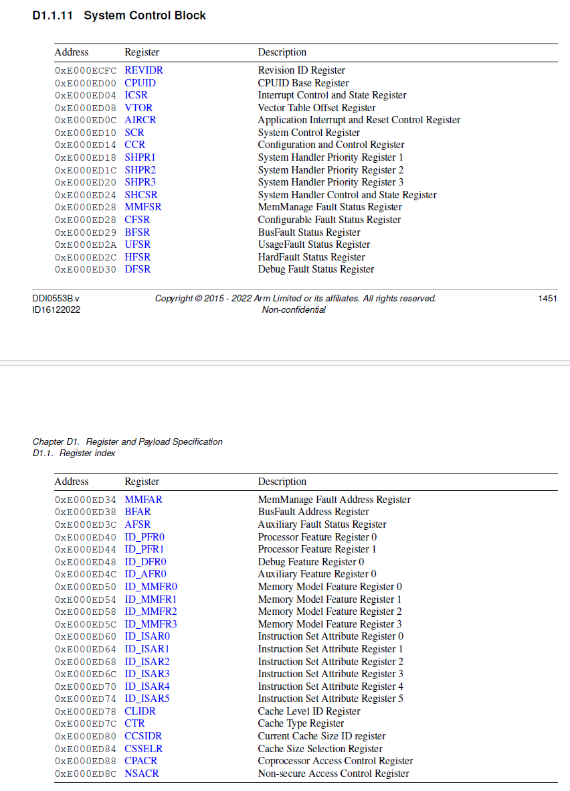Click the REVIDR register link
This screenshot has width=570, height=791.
(143, 70)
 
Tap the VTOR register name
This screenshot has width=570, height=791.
(138, 108)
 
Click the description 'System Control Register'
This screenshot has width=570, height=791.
(308, 133)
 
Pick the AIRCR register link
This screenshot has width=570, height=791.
(140, 120)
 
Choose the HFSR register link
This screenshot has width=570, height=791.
(138, 257)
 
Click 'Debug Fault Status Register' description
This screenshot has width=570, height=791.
(316, 269)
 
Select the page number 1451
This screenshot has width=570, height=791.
(547, 299)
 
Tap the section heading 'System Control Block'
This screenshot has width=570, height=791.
(145, 15)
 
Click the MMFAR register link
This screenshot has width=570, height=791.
(143, 500)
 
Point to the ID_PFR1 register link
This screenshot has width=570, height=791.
(145, 549)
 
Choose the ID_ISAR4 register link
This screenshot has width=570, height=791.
(147, 687)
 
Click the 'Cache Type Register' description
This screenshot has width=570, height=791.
(301, 723)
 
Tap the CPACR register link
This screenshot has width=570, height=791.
(141, 761)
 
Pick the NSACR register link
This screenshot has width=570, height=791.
(142, 774)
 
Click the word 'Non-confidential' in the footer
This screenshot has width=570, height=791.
(294, 310)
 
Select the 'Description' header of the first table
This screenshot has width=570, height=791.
(282, 52)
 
